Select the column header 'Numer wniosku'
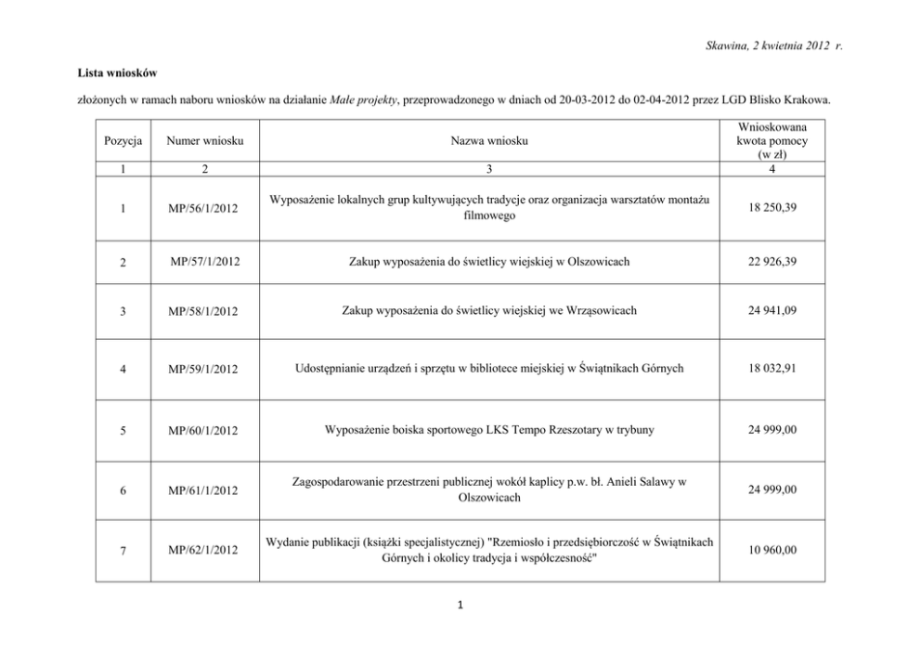coord(205,141)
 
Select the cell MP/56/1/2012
coord(203,209)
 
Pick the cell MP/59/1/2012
coord(203,370)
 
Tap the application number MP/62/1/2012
coord(203,551)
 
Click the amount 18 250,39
coord(772,209)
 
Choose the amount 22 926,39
coord(772,262)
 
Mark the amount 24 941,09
coord(772,310)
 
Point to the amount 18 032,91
coord(772,369)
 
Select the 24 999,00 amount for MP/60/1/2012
coord(772,430)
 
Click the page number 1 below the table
coord(460,606)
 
